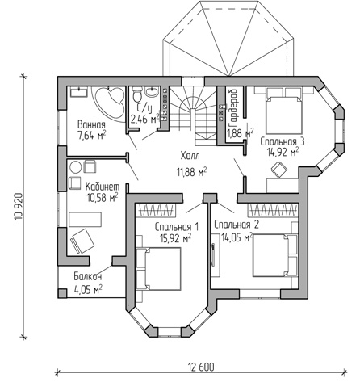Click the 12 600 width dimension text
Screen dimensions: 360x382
pyautogui.click(x=201, y=367)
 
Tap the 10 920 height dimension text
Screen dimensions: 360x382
pyautogui.click(x=19, y=206)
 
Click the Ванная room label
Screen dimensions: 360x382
pyautogui.click(x=91, y=125)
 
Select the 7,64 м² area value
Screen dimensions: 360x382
pyautogui.click(x=91, y=136)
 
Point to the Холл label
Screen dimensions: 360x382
pyautogui.click(x=190, y=156)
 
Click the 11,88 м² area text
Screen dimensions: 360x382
pyautogui.click(x=191, y=172)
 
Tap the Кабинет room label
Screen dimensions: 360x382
pyautogui.click(x=103, y=187)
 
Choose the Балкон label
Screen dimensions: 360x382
pyautogui.click(x=88, y=276)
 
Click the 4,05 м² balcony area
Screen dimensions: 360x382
pyautogui.click(x=88, y=290)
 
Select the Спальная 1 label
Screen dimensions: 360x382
pyautogui.click(x=177, y=227)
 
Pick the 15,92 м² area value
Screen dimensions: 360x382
pyautogui.click(x=176, y=238)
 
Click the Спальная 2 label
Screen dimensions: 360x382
pyautogui.click(x=237, y=225)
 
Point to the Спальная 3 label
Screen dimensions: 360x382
pyautogui.click(x=283, y=141)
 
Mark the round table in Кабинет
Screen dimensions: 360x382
pyautogui.click(x=75, y=167)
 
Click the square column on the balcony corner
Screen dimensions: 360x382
pyautogui.click(x=62, y=293)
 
